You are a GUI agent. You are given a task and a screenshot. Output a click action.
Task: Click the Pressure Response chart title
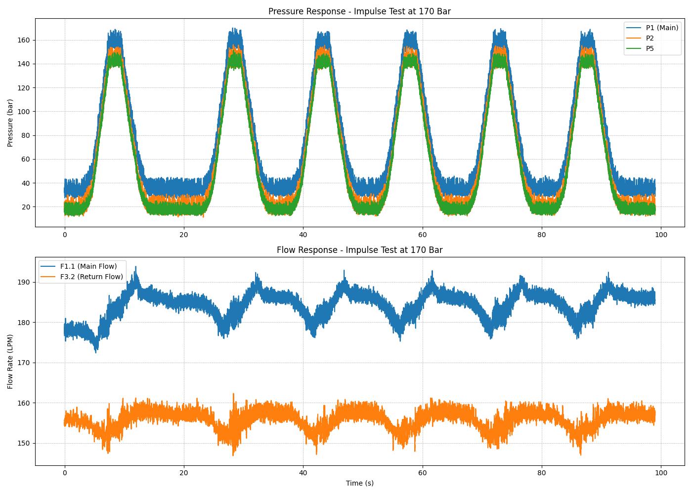tap(359, 11)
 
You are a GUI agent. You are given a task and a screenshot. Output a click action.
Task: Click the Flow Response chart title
tap(359, 250)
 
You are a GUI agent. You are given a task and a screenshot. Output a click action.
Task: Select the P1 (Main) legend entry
tap(662, 28)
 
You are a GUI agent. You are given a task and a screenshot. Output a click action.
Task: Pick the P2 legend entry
tap(649, 38)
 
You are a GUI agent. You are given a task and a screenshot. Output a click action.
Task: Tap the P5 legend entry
tap(649, 48)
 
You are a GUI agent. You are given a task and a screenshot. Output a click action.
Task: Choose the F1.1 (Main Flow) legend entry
tap(88, 266)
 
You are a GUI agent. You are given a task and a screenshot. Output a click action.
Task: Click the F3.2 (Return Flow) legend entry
tap(91, 277)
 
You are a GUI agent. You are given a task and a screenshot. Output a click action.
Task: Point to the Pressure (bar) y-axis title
tap(10, 123)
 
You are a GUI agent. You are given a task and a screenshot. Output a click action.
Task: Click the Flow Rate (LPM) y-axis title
tap(10, 361)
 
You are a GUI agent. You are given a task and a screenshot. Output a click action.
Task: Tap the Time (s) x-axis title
tap(359, 483)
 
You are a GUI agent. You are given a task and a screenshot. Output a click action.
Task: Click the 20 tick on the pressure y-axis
tap(26, 207)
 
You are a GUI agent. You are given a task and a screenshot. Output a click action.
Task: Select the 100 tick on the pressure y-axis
tap(24, 112)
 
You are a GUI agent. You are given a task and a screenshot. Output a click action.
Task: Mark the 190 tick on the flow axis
tap(24, 282)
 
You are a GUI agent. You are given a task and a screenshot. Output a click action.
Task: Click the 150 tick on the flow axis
tap(24, 443)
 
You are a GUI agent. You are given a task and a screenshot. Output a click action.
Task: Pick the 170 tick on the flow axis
tap(24, 363)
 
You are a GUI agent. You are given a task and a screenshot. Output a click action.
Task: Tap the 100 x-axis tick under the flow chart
tap(661, 473)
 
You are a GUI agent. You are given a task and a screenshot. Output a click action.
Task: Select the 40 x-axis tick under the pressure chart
tap(303, 235)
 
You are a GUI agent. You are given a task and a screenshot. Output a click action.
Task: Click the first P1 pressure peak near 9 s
tap(115, 31)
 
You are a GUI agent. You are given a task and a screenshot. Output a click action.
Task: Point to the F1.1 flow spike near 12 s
tap(136, 267)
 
